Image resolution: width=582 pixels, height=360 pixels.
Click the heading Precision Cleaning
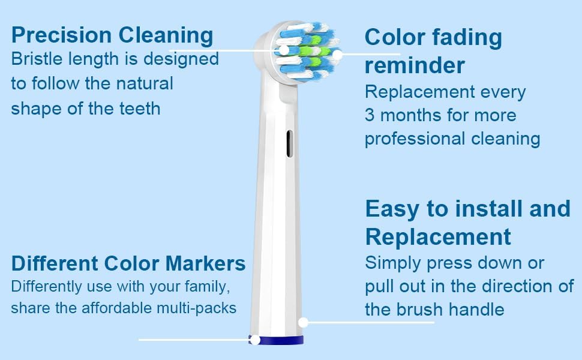[x=112, y=35]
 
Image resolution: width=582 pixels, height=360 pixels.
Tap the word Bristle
[x=34, y=59]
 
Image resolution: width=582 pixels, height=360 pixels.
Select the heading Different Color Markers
[x=128, y=263]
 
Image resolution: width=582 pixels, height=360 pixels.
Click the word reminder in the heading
[x=415, y=65]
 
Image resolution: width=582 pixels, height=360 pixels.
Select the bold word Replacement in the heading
[x=438, y=236]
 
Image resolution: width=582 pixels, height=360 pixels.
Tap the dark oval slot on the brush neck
[x=290, y=143]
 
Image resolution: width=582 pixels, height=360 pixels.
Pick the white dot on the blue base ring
[x=255, y=340]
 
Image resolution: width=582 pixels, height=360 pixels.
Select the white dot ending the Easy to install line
[x=304, y=322]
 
